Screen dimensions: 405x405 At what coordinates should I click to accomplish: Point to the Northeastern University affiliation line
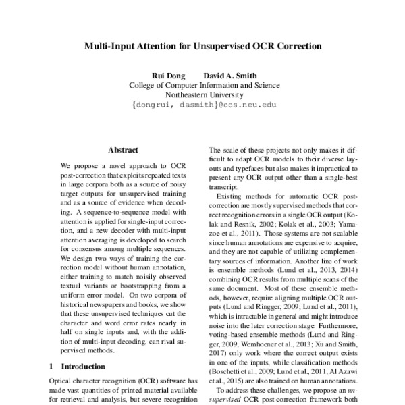(203, 95)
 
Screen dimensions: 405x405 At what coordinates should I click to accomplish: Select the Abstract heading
(123, 150)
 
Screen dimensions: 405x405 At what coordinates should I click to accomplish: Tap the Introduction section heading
(82, 366)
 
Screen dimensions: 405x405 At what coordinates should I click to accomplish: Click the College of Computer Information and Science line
(203, 86)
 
